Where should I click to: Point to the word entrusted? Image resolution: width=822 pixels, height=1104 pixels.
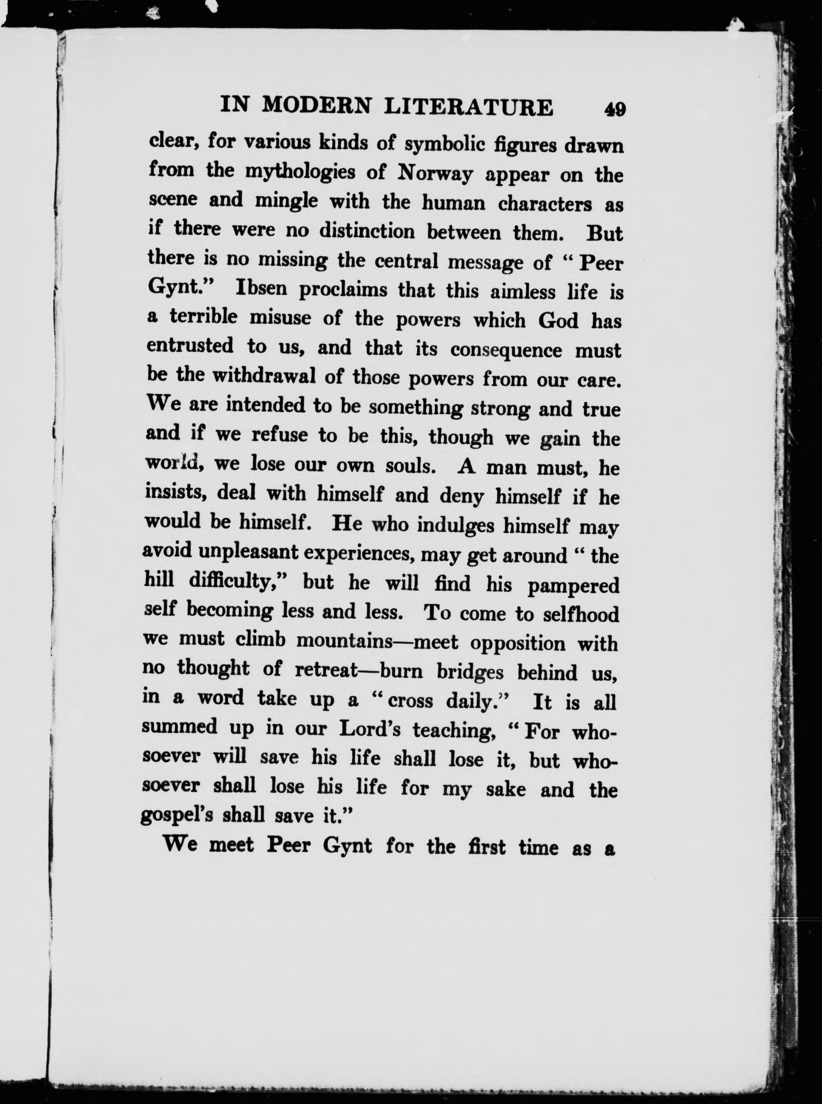click(x=190, y=346)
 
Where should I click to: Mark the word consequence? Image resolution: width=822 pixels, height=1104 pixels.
click(x=506, y=350)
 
